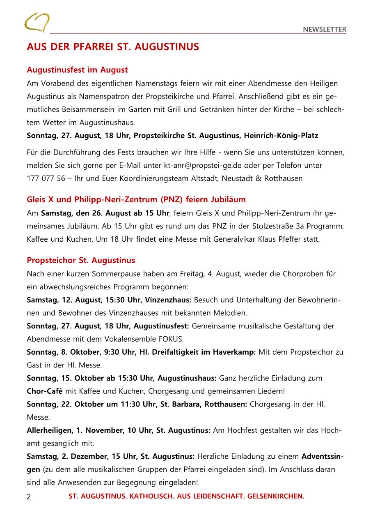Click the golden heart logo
pyautogui.click(x=37, y=23)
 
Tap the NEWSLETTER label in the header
pyautogui.click(x=325, y=29)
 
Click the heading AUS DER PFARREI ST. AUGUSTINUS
pyautogui.click(x=113, y=47)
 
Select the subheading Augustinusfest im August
pyautogui.click(x=77, y=70)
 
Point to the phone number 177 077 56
pyautogui.click(x=46, y=178)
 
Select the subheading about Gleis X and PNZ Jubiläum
pyautogui.click(x=136, y=200)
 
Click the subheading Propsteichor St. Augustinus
pyautogui.click(x=81, y=261)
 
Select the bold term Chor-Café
pyautogui.click(x=45, y=391)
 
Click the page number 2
pyautogui.click(x=29, y=497)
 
